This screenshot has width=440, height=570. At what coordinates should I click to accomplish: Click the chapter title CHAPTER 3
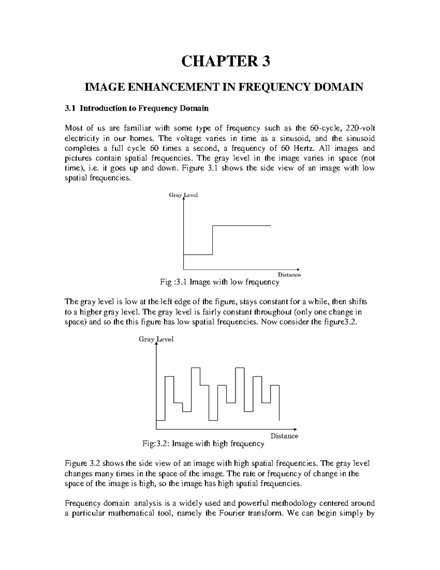(225, 62)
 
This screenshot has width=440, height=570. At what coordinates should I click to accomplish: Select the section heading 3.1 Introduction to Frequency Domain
(136, 108)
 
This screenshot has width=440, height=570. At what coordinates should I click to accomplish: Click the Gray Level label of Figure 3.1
(183, 195)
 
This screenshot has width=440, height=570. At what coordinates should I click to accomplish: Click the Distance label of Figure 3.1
(289, 275)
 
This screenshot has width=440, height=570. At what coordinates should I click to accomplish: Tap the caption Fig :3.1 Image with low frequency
(220, 282)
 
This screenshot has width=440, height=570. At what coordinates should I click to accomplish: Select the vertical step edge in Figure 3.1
(213, 240)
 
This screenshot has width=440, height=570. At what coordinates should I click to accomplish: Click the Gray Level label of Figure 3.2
(156, 340)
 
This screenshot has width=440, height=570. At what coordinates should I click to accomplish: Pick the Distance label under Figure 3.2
(284, 436)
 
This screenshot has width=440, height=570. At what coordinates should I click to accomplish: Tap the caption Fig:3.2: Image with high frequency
(203, 444)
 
